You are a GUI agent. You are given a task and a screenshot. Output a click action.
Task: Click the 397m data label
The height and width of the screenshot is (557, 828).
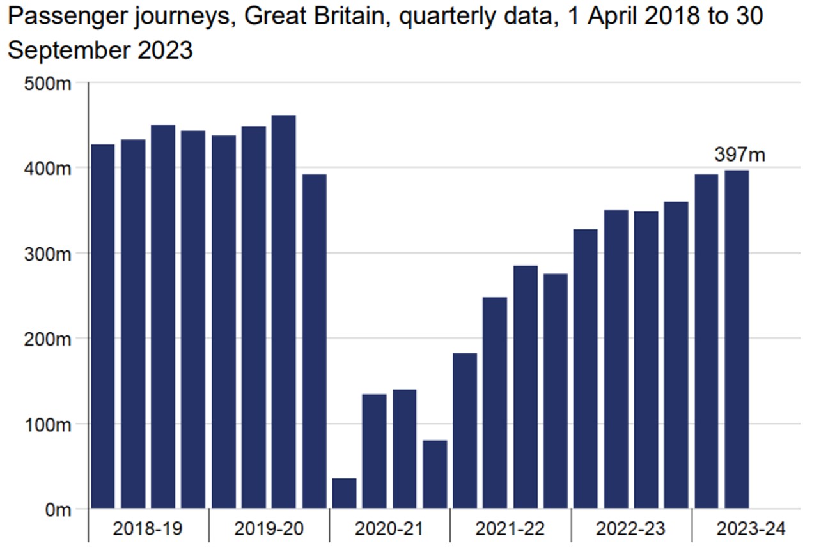[x=740, y=155]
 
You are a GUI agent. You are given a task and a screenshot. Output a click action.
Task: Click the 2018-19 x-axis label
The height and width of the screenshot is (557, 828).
[x=148, y=529]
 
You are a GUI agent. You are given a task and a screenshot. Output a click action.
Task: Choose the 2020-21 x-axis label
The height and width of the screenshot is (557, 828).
[x=389, y=529]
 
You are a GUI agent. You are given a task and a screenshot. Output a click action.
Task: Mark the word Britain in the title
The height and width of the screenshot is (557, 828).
[x=340, y=16]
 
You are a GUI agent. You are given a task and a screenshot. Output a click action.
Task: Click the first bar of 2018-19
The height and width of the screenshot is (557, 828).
[x=103, y=326]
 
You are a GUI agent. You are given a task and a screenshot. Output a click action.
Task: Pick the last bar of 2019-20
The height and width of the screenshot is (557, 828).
[x=315, y=341]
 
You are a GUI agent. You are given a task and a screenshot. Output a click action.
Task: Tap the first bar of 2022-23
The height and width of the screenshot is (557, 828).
[x=586, y=369]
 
